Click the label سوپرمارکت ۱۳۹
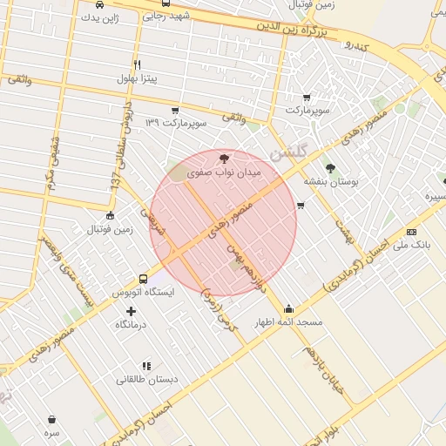tap(176, 124)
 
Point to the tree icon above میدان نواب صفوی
tap(225, 159)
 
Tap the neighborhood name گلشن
tap(289, 152)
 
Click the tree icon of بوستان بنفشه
tap(330, 167)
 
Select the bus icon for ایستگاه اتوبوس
tap(144, 279)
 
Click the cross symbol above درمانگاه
tap(132, 310)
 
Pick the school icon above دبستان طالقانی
tap(146, 366)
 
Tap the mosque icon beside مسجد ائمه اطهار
tap(289, 308)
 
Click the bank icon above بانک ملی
tap(412, 232)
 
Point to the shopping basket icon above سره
tap(51, 419)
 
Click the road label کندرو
tap(357, 43)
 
